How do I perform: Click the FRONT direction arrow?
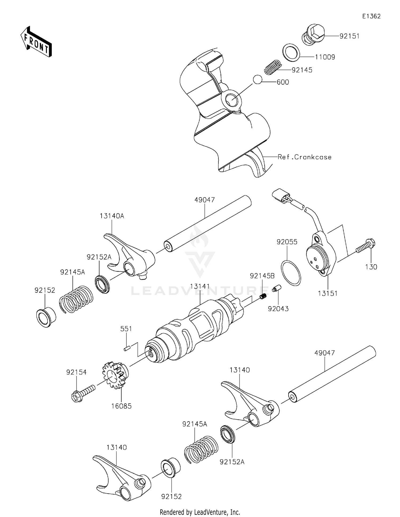point(36,42)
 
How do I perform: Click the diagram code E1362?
point(371,16)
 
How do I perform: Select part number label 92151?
point(349,36)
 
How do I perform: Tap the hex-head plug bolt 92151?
point(313,35)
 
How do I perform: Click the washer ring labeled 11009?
point(291,51)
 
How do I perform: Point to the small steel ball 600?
point(257,79)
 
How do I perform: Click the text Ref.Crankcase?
point(305,157)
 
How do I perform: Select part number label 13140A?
point(112,216)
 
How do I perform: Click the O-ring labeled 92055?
point(291,273)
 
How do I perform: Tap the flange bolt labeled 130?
point(366,246)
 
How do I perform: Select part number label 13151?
point(328,293)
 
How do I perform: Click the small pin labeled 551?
point(127,348)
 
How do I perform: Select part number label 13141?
point(200,287)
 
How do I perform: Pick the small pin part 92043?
point(277,289)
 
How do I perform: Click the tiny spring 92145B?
point(263,296)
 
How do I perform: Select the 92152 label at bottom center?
point(171,496)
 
